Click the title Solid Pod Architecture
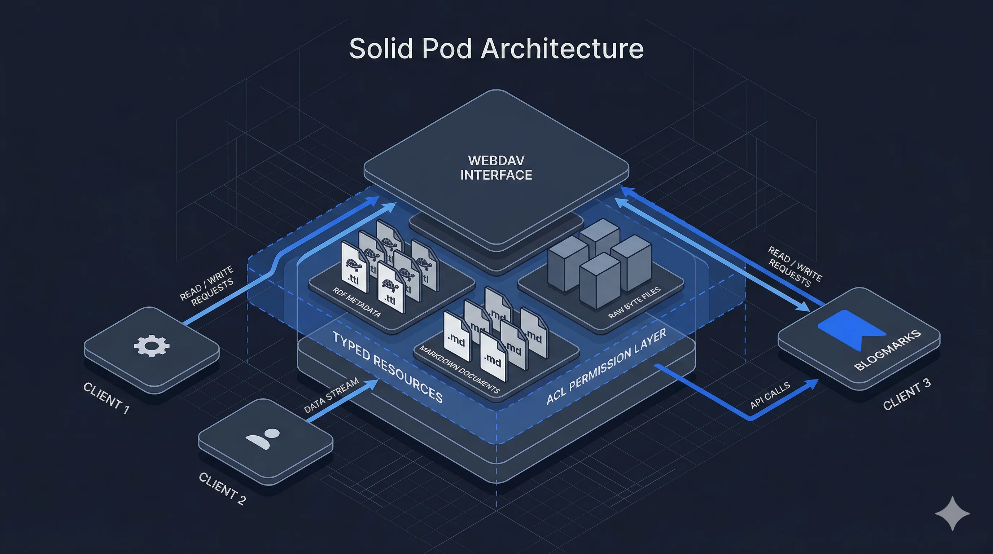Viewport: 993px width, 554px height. click(496, 49)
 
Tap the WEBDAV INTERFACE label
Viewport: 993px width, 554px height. click(496, 168)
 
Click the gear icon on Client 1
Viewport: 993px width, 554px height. click(152, 346)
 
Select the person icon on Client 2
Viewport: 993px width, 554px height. click(264, 438)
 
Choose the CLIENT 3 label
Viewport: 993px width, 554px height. click(907, 394)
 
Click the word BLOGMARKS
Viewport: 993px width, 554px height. click(887, 350)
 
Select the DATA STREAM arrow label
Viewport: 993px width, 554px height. click(331, 395)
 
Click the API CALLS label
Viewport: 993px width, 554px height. click(770, 395)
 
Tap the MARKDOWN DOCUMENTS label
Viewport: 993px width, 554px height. click(459, 369)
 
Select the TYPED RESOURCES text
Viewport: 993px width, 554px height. click(388, 366)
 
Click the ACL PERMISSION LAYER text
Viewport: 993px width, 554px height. click(606, 366)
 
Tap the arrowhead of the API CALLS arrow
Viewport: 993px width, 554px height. click(813, 383)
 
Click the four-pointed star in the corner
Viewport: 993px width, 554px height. click(953, 514)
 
